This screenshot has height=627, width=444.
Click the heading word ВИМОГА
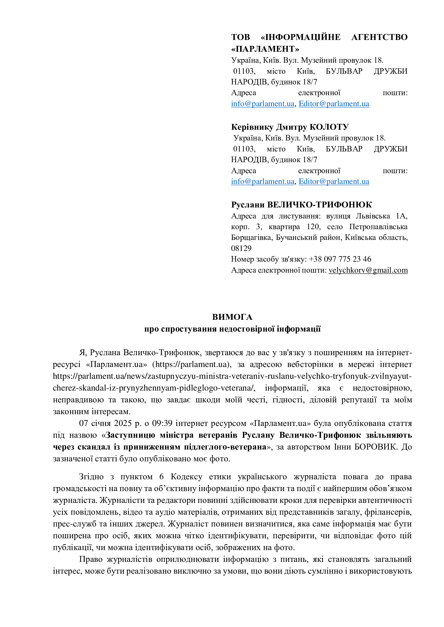(232, 317)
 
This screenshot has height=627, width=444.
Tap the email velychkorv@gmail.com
(368, 270)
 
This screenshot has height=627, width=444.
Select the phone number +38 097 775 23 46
(340, 259)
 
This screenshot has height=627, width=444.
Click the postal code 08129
(241, 248)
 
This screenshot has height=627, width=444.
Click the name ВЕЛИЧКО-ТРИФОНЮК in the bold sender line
(319, 205)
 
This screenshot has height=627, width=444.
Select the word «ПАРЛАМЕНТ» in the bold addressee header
(265, 49)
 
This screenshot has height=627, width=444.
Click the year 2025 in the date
(123, 423)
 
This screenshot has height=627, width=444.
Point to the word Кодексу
(187, 477)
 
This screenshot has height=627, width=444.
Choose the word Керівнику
(252, 127)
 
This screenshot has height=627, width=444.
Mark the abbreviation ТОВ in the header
(240, 37)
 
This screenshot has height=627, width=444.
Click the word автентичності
(385, 500)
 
